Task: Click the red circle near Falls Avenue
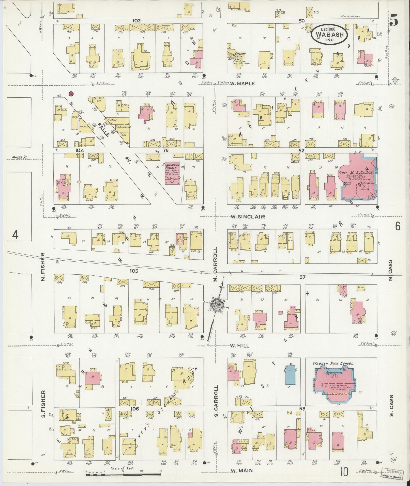71,94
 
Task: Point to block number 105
134,271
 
